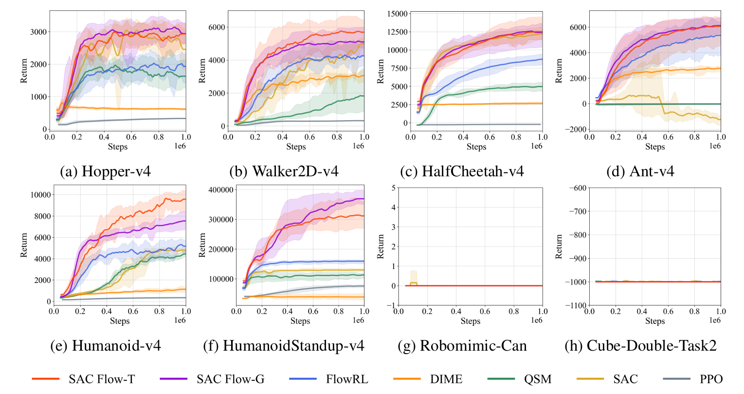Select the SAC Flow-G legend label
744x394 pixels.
[x=230, y=379]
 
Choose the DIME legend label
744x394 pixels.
[x=446, y=379]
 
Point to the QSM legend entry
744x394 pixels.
[x=538, y=379]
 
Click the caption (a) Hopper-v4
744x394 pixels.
[x=105, y=171]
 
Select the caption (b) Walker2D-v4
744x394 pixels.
[x=284, y=171]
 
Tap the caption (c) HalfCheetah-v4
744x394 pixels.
[x=462, y=171]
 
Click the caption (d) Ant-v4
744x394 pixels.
[x=640, y=171]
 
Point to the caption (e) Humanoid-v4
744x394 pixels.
[x=106, y=346]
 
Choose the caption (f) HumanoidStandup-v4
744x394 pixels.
[x=284, y=346]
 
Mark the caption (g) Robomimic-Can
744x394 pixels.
[x=462, y=346]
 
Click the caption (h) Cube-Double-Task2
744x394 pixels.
[x=640, y=346]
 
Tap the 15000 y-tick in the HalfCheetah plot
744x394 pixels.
[x=397, y=14]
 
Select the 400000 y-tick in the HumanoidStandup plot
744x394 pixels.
[x=220, y=190]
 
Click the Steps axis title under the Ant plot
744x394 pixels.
[x=655, y=147]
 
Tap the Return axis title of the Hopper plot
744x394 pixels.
[x=24, y=71]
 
